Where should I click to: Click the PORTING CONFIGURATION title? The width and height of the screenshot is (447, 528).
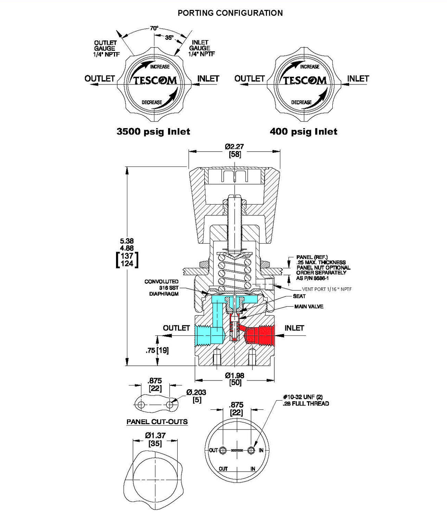pos(230,13)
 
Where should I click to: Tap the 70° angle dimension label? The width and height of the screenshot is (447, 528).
pos(154,29)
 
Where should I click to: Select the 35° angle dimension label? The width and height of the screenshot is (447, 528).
pos(169,37)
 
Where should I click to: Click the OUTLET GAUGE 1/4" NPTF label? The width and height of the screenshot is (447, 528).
pos(105,48)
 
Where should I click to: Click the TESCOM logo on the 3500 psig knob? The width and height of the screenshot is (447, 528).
pos(155,81)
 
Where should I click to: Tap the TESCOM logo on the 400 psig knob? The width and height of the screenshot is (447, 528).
pos(305,81)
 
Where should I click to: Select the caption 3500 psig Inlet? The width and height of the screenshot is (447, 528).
pos(153,132)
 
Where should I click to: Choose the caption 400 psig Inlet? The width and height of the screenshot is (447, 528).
pos(304,132)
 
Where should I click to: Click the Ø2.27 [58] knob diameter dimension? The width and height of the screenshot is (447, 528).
pos(235,150)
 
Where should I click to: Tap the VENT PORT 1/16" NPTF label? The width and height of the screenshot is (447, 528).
pos(327,289)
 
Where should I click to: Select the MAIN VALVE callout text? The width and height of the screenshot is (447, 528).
pos(309,307)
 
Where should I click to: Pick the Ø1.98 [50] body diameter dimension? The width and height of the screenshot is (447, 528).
pos(235,379)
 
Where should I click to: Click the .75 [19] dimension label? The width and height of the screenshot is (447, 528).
pos(157,351)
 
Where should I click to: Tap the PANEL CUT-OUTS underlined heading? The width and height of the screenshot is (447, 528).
pos(157,422)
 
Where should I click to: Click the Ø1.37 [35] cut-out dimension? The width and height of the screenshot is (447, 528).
pos(155,439)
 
